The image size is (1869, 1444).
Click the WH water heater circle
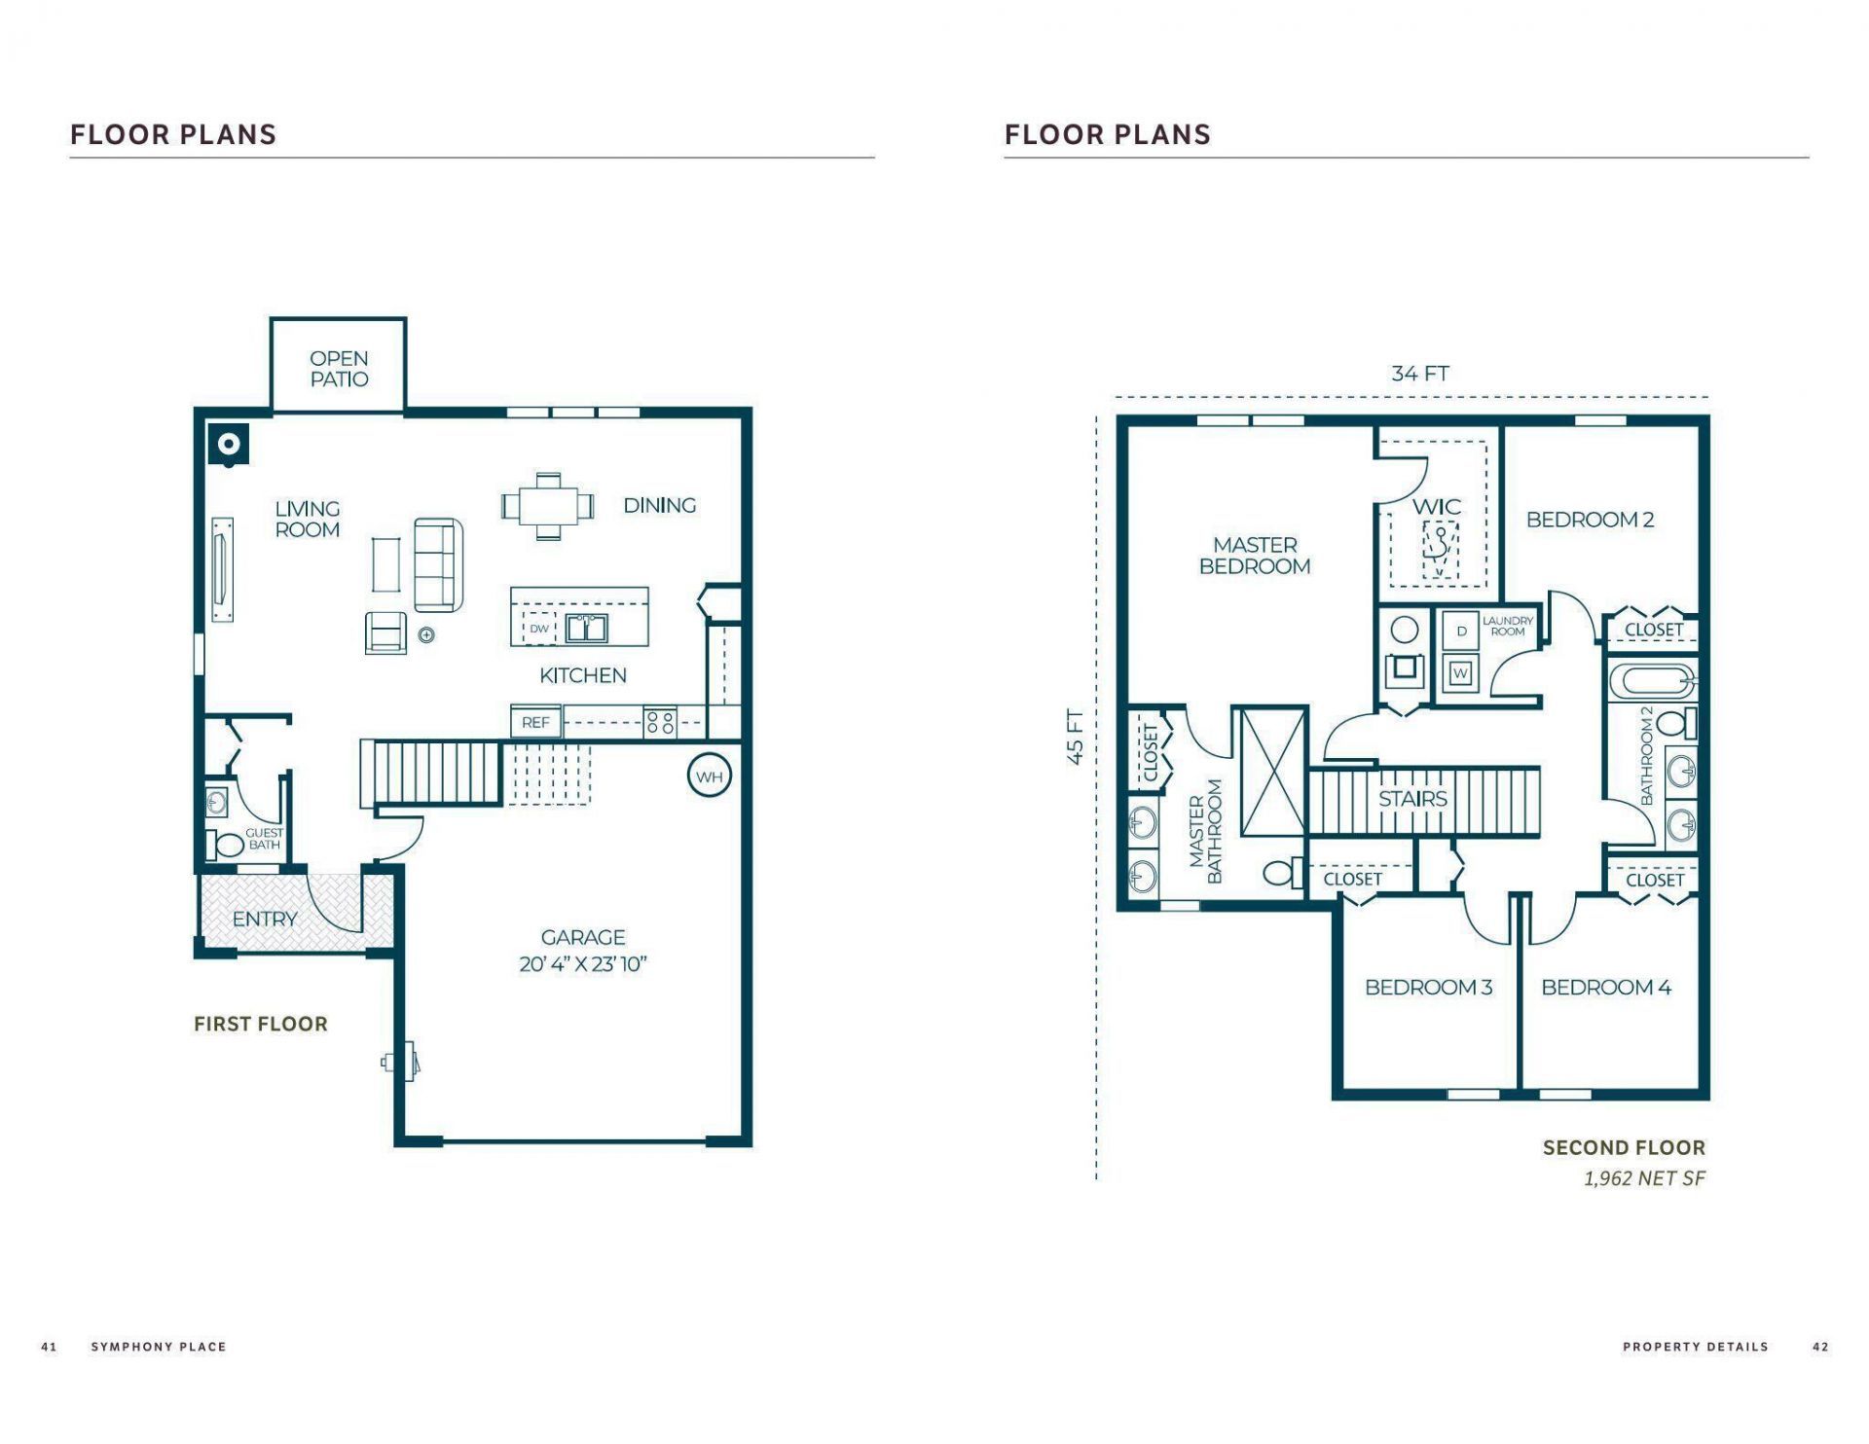point(709,776)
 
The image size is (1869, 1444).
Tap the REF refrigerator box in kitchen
point(535,722)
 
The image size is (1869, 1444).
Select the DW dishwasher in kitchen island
point(538,629)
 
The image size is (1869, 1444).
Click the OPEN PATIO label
point(339,369)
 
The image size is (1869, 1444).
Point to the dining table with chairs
point(548,506)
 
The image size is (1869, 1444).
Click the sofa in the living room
point(438,564)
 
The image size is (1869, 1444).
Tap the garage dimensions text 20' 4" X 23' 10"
point(582,964)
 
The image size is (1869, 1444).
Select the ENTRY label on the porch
point(264,919)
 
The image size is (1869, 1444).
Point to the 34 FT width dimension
point(1419,374)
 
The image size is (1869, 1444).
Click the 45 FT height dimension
point(1075,737)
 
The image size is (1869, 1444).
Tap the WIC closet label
point(1436,507)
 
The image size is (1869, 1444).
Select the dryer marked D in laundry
point(1460,632)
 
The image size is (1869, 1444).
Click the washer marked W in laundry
point(1459,672)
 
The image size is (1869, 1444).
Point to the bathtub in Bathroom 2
point(1652,681)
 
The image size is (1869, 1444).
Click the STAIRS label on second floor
point(1412,799)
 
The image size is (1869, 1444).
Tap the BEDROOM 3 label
point(1428,988)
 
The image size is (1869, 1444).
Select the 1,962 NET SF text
point(1644,1178)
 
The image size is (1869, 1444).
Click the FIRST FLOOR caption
point(260,1024)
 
